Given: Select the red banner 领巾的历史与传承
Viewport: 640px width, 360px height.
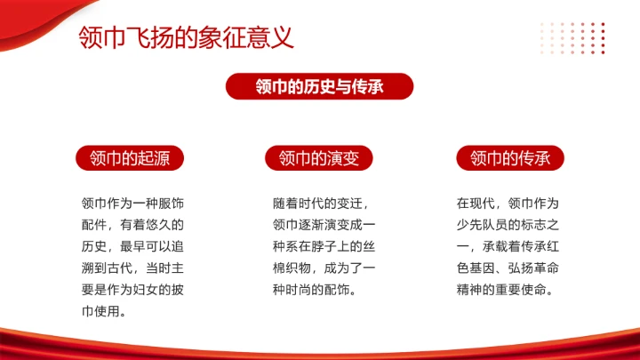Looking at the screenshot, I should pos(320,86).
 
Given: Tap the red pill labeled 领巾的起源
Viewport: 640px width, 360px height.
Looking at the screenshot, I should pos(130,158).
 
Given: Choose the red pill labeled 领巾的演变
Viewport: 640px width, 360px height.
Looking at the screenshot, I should pos(320,158).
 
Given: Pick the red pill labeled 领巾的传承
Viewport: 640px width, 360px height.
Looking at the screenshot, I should pos(510,158).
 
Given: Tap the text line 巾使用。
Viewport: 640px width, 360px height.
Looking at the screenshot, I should pos(105,311).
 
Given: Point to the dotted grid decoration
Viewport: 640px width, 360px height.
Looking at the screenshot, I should pos(573,37).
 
